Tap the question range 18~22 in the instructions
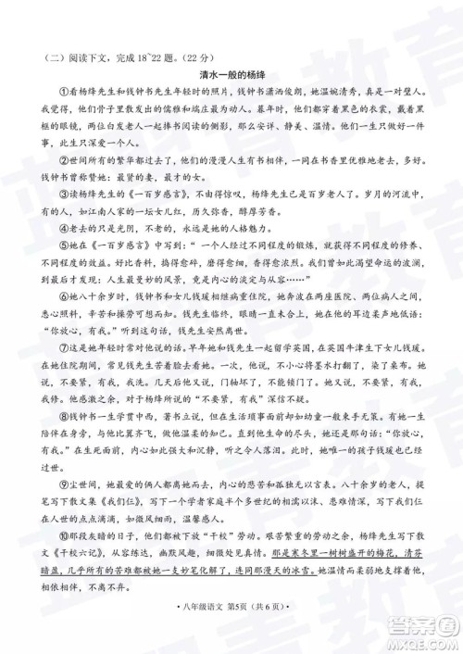point(146,52)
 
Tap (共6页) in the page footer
point(271,634)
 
